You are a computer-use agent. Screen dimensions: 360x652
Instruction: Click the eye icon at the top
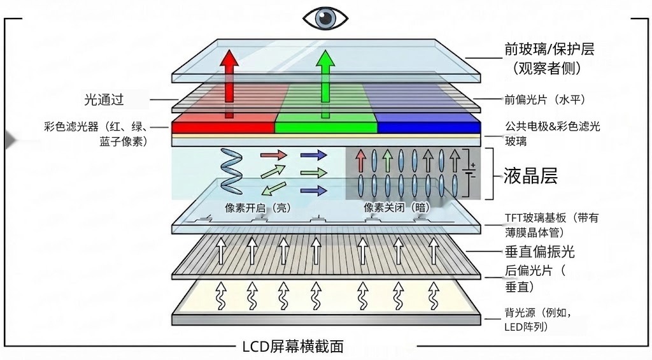coord(325,18)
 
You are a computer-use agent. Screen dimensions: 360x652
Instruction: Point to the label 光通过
coord(104,99)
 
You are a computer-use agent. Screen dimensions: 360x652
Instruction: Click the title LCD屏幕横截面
coord(293,347)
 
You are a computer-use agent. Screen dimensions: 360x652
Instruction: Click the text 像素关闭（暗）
coord(396,208)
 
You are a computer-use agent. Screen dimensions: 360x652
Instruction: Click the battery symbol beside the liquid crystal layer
coord(471,172)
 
